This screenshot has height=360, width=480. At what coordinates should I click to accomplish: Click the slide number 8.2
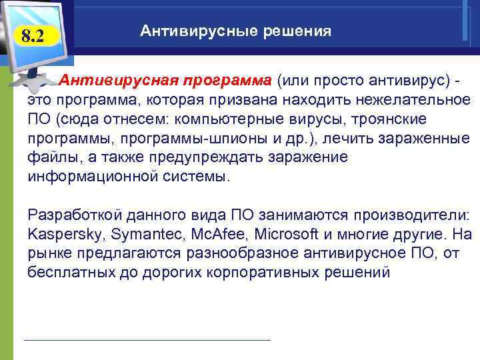(32, 37)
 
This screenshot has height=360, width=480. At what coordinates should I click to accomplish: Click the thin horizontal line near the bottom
(147, 340)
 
